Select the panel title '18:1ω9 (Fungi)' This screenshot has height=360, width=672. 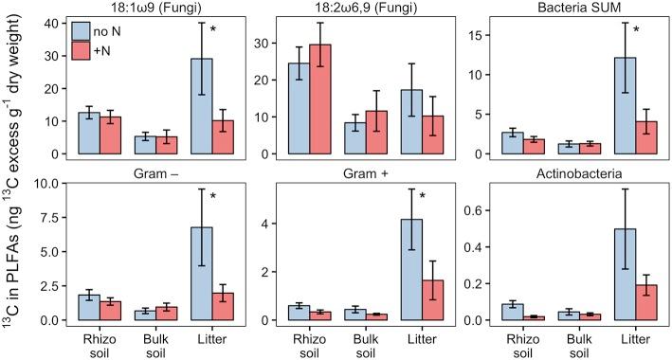(x=144, y=8)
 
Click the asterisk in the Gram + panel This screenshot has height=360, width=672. (x=424, y=197)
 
